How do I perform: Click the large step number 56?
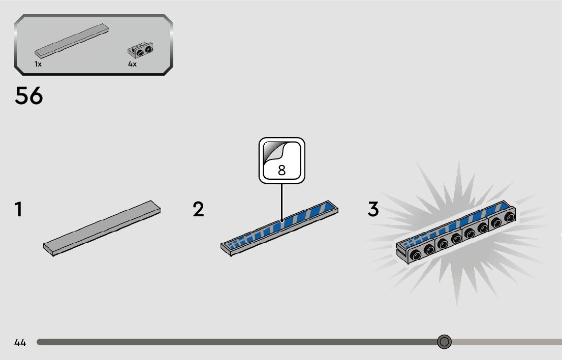[x=29, y=96]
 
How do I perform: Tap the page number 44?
[x=20, y=342]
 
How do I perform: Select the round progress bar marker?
[x=444, y=342]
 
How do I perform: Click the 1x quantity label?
[x=38, y=64]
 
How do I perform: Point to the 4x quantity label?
[x=132, y=64]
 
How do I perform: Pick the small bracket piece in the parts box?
[x=140, y=50]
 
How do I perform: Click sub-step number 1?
[x=19, y=210]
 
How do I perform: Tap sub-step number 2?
[x=198, y=210]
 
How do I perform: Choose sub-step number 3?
[x=373, y=210]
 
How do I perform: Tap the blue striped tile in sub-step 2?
[x=279, y=226]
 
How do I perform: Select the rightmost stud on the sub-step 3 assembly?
[x=508, y=218]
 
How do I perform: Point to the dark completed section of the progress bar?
[x=229, y=342]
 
